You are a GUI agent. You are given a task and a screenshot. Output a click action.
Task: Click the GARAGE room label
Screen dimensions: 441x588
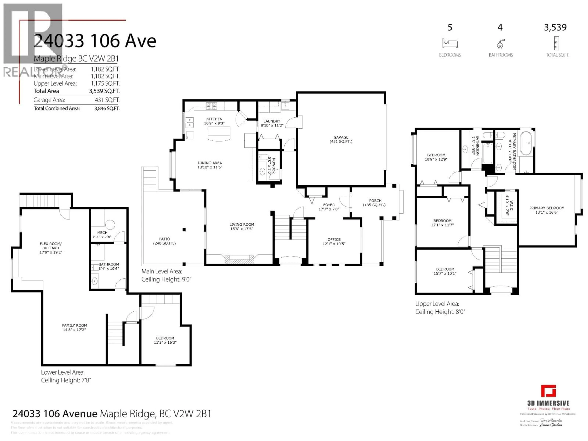[341, 137]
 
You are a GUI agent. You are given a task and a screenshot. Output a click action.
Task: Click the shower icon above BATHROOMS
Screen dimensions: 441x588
[500, 44]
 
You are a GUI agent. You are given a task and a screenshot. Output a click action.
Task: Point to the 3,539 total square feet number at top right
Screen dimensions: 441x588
[555, 27]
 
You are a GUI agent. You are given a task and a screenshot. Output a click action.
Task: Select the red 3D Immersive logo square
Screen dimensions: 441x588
[548, 391]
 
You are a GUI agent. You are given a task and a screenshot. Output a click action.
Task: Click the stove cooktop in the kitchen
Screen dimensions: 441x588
[211, 106]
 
